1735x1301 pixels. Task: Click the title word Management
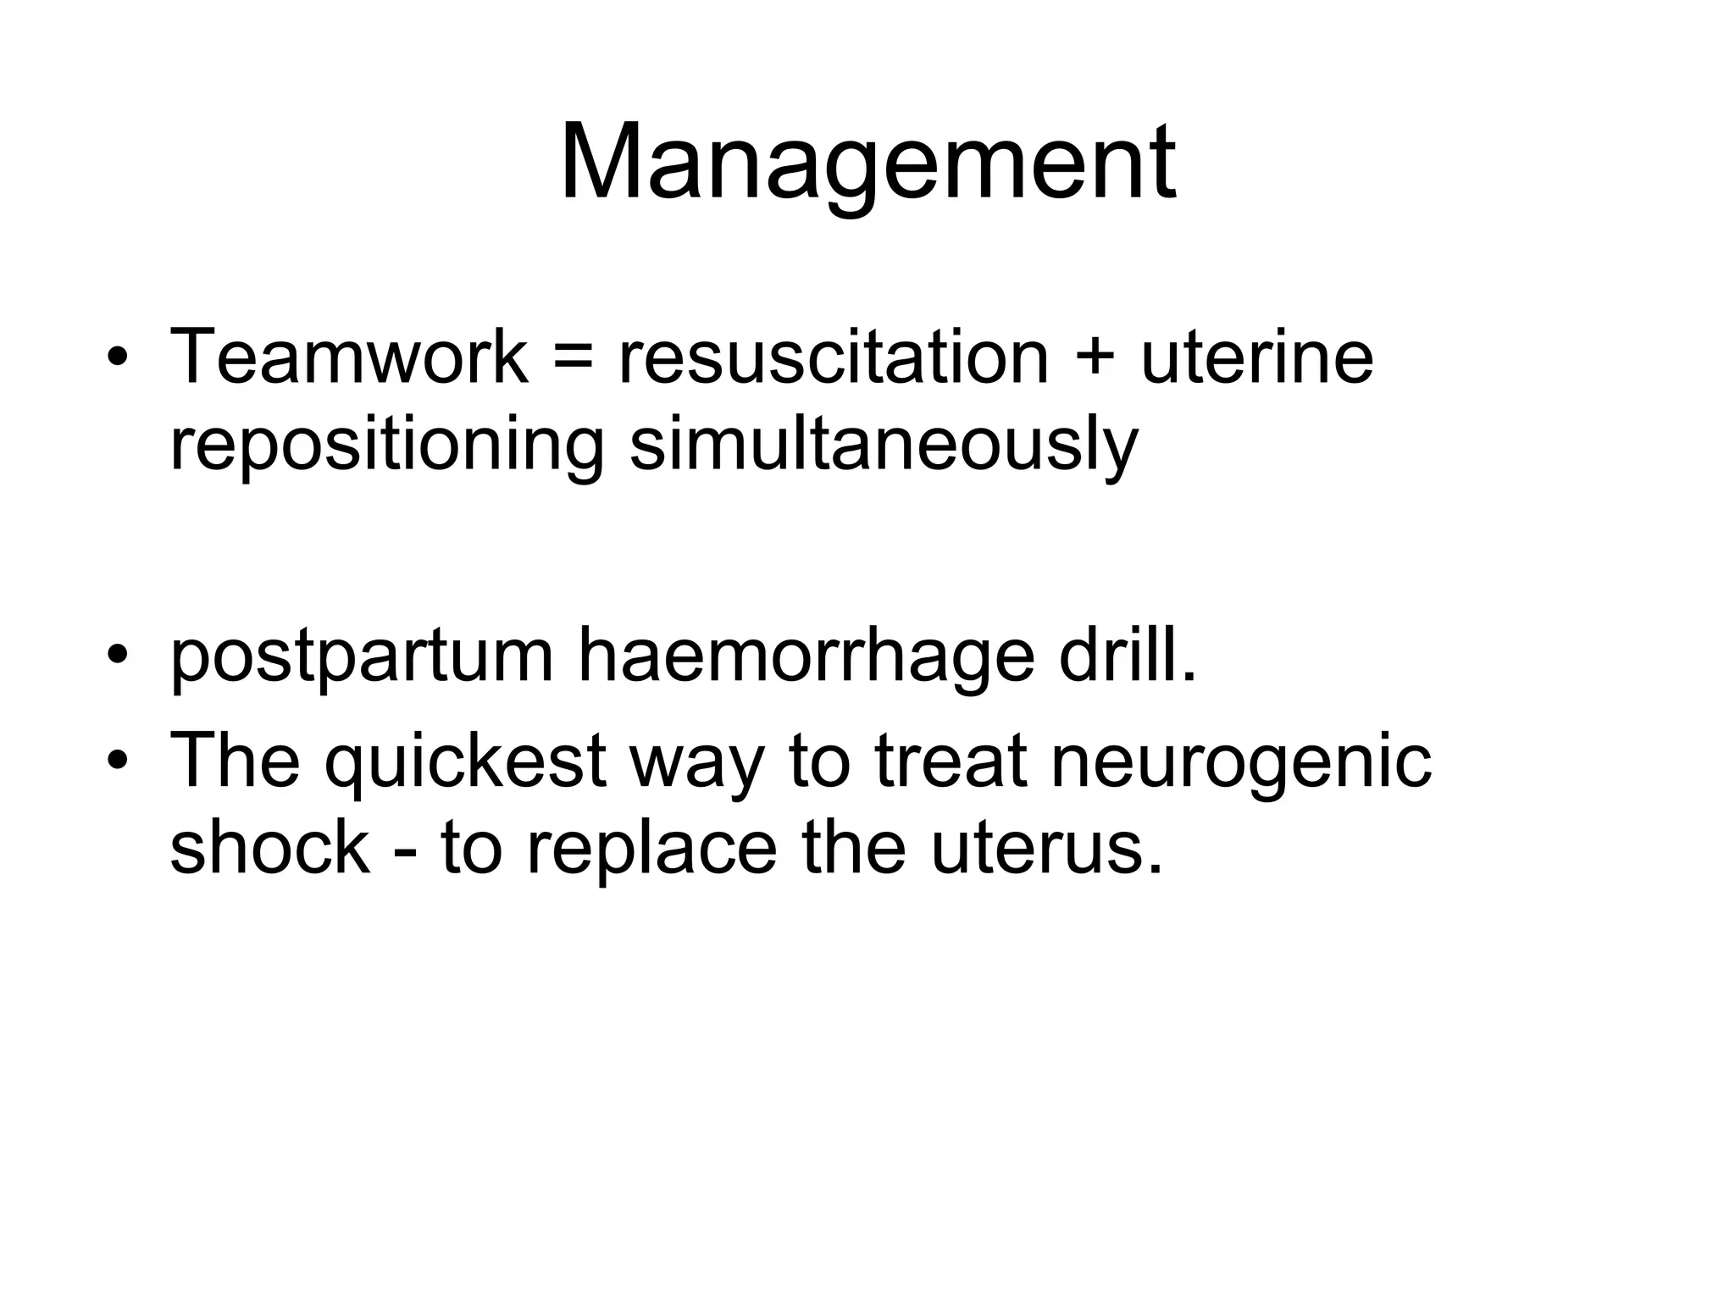tap(867, 163)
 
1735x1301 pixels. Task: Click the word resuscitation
tap(834, 357)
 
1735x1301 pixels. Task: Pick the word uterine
tap(1256, 357)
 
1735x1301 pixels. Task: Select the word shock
tap(269, 849)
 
